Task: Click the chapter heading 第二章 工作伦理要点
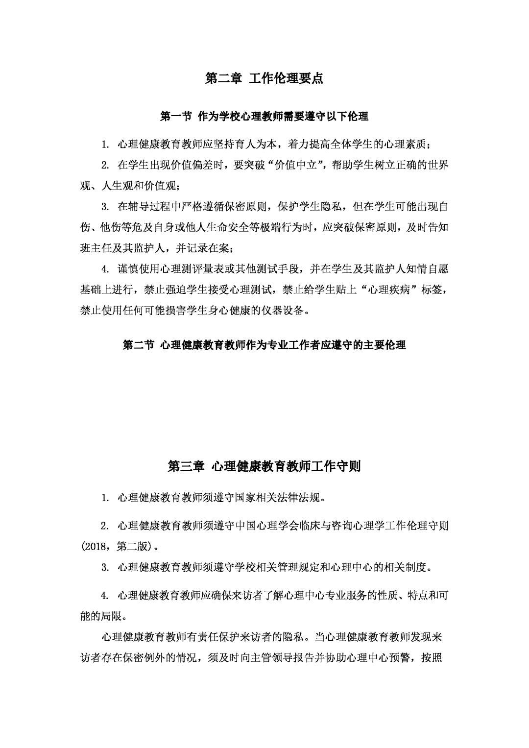click(x=264, y=78)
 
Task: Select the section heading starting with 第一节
click(x=264, y=116)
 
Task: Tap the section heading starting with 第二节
click(x=264, y=345)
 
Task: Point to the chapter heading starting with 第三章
click(x=264, y=466)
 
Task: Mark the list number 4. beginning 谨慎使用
click(x=104, y=269)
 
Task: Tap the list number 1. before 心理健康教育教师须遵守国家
click(x=104, y=498)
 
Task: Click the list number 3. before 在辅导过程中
click(x=104, y=207)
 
